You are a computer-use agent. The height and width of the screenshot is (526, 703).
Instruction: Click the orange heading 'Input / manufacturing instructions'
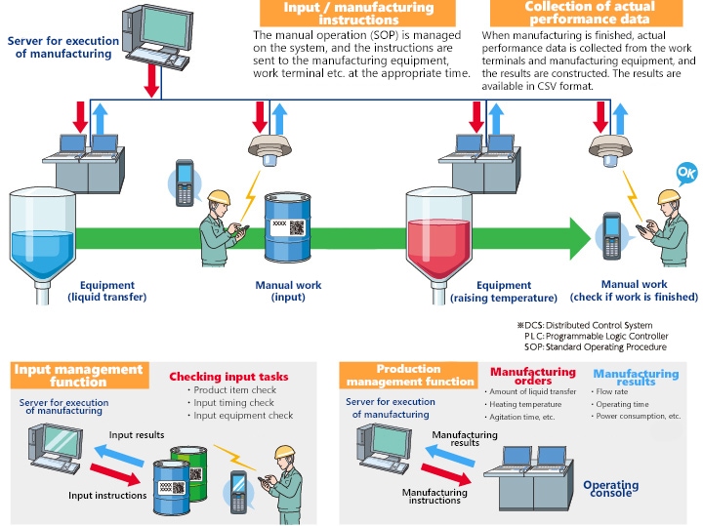tap(358, 13)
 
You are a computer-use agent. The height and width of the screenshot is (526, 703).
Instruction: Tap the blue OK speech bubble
tap(685, 176)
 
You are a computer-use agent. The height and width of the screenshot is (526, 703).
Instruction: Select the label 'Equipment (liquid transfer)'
tap(94, 291)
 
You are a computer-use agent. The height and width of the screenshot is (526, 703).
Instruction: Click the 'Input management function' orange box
tap(78, 375)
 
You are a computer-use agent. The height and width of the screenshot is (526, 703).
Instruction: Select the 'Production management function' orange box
tap(409, 375)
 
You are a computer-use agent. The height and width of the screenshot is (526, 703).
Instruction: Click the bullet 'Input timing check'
tap(233, 403)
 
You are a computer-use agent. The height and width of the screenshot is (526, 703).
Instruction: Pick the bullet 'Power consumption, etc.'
tap(639, 416)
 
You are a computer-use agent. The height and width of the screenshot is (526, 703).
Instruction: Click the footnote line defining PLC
tap(595, 336)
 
